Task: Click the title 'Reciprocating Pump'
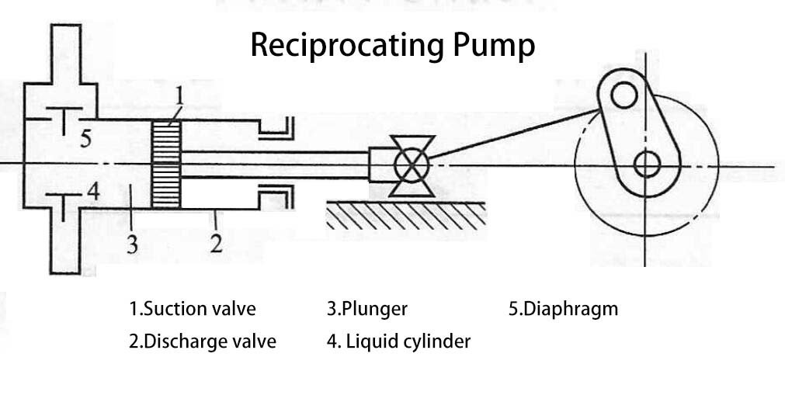[392, 46]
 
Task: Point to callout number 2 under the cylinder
[216, 244]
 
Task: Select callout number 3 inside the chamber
[133, 244]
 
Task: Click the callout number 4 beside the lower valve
[92, 190]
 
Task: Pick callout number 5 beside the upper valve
[85, 139]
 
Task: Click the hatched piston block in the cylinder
[166, 163]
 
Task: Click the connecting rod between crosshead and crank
[512, 137]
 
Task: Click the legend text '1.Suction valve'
[192, 308]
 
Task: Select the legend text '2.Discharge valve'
[202, 341]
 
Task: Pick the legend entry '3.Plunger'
[366, 309]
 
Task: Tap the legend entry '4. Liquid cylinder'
[398, 341]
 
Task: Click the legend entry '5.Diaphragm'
[563, 308]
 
